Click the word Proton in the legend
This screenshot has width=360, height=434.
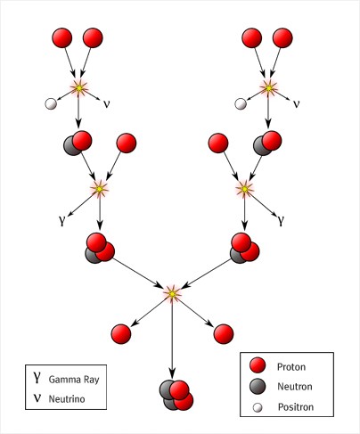(291, 367)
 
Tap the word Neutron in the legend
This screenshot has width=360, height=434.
(295, 387)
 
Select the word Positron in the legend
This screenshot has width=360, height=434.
(296, 406)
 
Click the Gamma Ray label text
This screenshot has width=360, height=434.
(74, 380)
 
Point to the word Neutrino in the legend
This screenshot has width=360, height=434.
(67, 398)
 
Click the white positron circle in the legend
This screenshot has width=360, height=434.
(258, 407)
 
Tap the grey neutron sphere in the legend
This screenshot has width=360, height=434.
(258, 387)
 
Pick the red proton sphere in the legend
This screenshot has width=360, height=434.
(258, 365)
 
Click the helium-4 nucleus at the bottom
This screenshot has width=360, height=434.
(176, 395)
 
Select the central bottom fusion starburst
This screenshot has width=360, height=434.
(172, 293)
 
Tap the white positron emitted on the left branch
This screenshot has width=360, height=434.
(51, 104)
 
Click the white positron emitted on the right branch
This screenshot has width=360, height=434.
(241, 104)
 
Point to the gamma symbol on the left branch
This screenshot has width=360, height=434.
(61, 221)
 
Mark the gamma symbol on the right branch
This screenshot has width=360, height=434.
(281, 221)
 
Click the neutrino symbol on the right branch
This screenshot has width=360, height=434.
(296, 104)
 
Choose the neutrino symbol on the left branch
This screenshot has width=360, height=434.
(106, 104)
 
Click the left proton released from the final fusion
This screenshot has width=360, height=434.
(121, 334)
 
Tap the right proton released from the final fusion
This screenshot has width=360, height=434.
(224, 334)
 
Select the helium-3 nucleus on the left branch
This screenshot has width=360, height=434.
(100, 249)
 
